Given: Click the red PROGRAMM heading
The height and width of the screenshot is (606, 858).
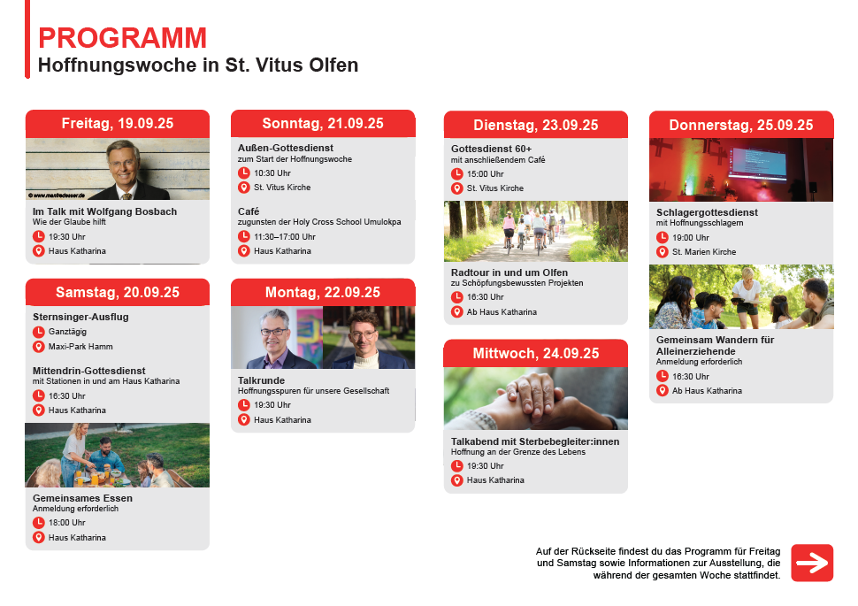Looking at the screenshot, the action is coord(123,38).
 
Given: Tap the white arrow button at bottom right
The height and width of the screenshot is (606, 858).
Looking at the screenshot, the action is coord(812,563).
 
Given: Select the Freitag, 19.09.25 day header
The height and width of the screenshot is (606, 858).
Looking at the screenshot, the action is coord(118,124).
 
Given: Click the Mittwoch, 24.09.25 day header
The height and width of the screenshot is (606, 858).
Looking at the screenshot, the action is coord(536,354).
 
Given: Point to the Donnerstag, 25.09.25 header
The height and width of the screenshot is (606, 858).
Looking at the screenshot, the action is coord(741,125).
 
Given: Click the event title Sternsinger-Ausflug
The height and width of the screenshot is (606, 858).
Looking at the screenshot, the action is coord(80,317).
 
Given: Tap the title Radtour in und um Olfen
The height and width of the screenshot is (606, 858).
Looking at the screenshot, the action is coord(509,272).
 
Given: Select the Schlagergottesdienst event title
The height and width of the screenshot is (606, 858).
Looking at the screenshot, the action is coord(707,212).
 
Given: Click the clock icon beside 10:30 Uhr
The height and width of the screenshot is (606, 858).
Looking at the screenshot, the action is coord(244,173).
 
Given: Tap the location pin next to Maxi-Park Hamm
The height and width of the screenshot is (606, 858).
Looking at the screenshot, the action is coord(38,347).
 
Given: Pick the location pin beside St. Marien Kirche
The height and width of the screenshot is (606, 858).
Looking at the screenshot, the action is coord(663,252).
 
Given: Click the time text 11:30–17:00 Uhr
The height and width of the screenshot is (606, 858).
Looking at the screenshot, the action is coord(285,237).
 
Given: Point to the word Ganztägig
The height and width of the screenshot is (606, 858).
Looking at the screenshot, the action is coord(67,332).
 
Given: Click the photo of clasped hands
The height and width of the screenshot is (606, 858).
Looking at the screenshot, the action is coord(536,398).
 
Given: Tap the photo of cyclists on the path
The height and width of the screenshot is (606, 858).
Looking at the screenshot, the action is coord(536,231).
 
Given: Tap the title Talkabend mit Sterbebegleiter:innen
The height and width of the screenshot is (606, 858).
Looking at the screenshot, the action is coord(535,441).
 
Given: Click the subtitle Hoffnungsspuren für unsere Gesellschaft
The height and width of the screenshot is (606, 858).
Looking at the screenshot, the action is coord(313,391).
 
